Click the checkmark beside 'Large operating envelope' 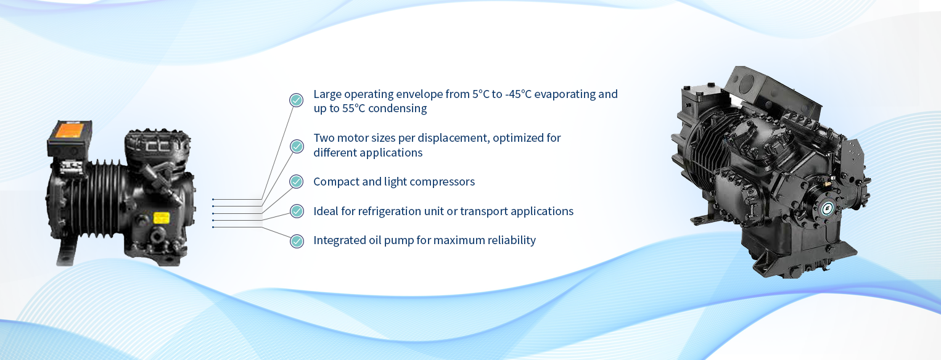(296, 100)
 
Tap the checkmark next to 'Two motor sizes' (297, 146)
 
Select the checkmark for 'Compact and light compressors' (296, 181)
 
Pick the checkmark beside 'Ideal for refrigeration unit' (297, 211)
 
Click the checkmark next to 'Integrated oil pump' (297, 241)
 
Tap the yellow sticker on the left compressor (162, 218)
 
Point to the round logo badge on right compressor (827, 208)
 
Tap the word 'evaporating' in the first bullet (565, 94)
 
